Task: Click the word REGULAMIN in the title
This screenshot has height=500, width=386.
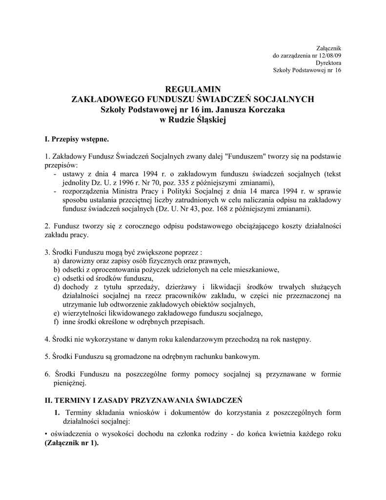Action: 193,89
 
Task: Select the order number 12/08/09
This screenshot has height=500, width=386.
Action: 330,55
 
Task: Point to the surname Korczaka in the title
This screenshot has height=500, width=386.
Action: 264,109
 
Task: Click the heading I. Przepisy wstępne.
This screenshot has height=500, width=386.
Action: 73,140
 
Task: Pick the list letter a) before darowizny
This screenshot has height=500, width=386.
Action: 57,261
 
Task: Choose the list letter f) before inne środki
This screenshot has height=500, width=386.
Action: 57,322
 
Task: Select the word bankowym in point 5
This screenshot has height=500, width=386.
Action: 239,356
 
